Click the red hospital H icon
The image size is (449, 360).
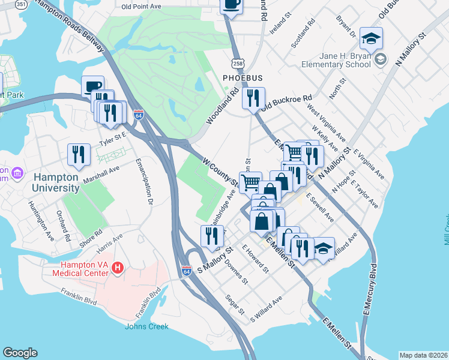coord(118,266)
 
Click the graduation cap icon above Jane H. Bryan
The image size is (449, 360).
coord(371,38)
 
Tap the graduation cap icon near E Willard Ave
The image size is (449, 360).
coord(323,248)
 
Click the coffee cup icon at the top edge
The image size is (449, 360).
coord(231,5)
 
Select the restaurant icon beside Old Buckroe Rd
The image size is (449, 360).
coord(253,97)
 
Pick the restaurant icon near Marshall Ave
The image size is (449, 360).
coord(79,154)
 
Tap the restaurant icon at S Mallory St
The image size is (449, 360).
coord(211,236)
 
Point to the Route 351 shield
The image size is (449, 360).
coord(21,4)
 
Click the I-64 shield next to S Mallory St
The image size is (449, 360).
coord(187,272)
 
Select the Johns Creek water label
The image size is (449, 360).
coord(146,326)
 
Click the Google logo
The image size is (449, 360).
coord(20,352)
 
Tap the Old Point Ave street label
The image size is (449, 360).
coord(141,7)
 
